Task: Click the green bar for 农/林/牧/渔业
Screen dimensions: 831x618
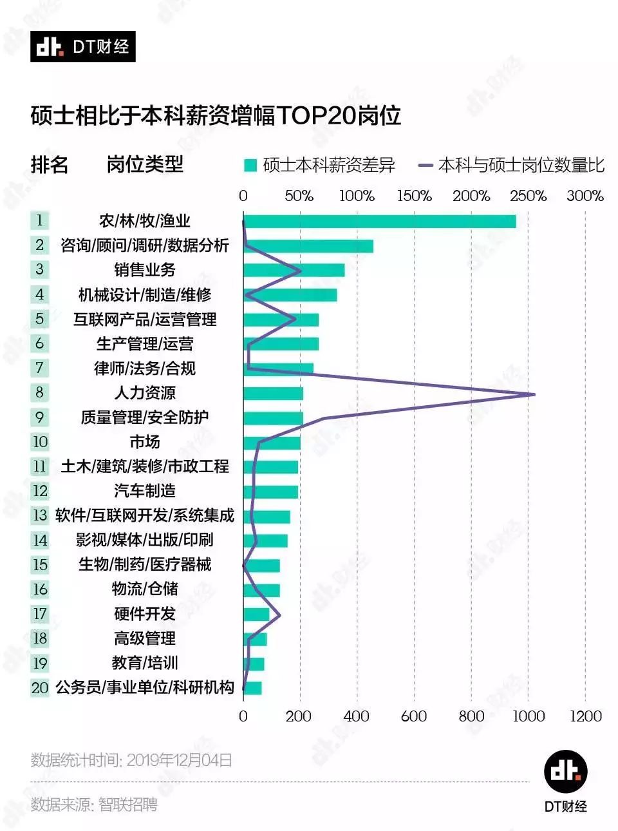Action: click(379, 221)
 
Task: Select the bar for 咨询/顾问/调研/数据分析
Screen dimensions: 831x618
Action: click(308, 246)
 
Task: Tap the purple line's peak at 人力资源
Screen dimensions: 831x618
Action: click(533, 394)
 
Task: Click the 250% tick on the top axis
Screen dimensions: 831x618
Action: click(528, 196)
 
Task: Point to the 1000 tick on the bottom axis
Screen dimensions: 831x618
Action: click(528, 716)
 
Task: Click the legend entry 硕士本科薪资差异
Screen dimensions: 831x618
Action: click(320, 166)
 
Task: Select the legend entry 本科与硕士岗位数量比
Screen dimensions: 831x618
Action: click(512, 166)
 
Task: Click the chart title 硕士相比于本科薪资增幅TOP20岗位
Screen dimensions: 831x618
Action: click(216, 116)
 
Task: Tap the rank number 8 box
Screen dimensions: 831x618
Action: click(40, 392)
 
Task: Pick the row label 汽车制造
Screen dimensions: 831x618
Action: click(145, 491)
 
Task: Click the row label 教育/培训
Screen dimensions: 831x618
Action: click(145, 663)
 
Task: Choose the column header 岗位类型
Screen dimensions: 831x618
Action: click(145, 165)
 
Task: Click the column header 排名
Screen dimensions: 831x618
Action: click(50, 165)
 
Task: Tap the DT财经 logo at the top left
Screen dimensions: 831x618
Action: click(82, 46)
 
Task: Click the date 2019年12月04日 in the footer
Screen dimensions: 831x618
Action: click(179, 760)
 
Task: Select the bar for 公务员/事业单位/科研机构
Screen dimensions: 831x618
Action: click(252, 688)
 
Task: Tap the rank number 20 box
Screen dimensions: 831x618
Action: click(40, 687)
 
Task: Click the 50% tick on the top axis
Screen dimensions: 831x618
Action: click(299, 196)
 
